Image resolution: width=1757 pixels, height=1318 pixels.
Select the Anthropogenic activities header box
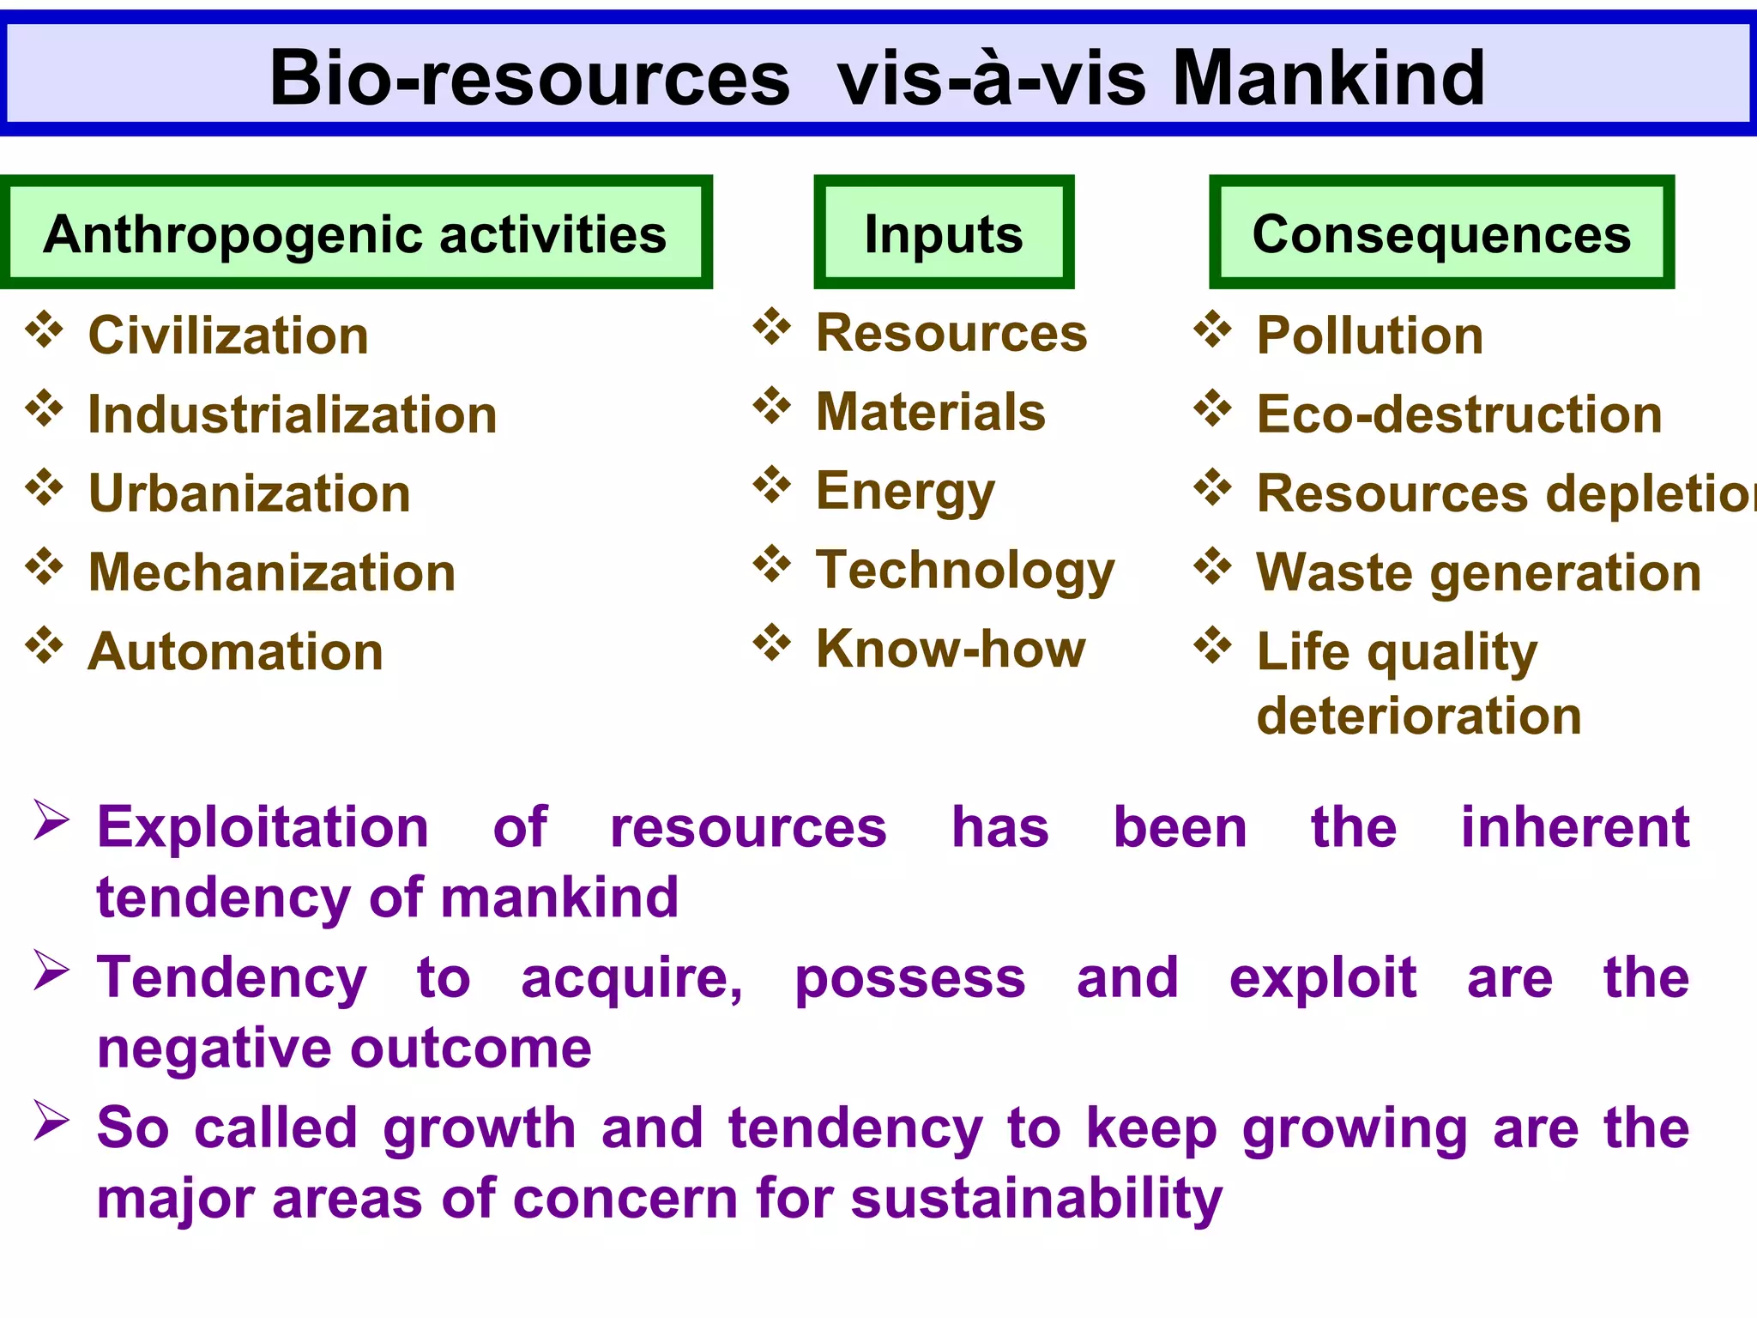coord(355,233)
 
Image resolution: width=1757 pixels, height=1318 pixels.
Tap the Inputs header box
coord(944,233)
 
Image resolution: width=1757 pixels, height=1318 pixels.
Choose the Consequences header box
coord(1441,233)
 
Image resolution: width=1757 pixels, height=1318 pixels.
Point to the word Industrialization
coord(293,414)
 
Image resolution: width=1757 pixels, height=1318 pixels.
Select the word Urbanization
coord(250,493)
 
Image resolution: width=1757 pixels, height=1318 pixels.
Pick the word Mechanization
coord(272,572)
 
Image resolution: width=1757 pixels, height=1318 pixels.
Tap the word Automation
coord(236,651)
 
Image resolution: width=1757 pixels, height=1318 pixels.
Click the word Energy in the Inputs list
coord(905,492)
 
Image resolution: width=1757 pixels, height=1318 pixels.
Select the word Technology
coord(965,571)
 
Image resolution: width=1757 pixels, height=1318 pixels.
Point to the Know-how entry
coord(951,649)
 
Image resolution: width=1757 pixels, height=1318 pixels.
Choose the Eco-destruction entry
coord(1459,414)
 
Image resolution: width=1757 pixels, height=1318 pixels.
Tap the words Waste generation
coord(1479,572)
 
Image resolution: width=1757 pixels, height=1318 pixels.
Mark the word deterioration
coord(1419,716)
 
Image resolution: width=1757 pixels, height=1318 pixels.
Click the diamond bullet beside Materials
coord(772,406)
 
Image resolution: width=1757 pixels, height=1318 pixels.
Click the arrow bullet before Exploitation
coord(51,820)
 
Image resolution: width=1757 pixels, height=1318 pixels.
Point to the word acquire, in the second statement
coord(632,978)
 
